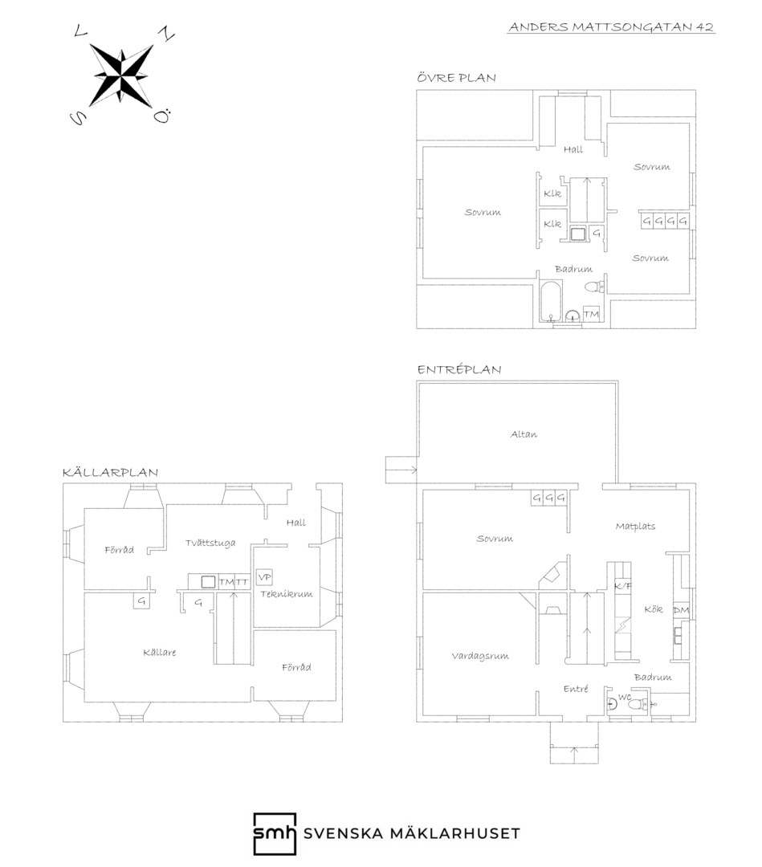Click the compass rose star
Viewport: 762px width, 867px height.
(x=121, y=74)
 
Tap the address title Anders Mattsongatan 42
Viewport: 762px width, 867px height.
(x=611, y=27)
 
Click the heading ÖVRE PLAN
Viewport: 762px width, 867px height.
(x=456, y=77)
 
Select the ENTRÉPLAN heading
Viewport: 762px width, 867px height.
(x=459, y=369)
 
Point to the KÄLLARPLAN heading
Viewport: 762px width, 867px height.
(x=110, y=472)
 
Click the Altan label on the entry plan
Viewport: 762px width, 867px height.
(x=524, y=434)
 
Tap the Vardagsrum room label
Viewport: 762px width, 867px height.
(x=480, y=657)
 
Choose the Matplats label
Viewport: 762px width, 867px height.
(x=635, y=526)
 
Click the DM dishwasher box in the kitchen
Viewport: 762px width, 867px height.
(x=681, y=610)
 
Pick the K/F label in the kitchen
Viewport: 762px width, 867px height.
(x=622, y=585)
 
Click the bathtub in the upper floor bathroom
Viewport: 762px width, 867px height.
(x=552, y=301)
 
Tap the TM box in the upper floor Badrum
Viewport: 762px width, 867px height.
(x=591, y=314)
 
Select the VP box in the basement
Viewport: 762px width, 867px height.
(x=264, y=576)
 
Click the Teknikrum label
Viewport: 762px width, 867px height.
(x=287, y=594)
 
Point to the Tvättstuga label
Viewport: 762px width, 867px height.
(x=210, y=543)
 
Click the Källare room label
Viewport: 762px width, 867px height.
(x=159, y=653)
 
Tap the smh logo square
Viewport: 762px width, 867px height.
(x=275, y=834)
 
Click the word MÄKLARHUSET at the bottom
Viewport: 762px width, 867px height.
(x=455, y=833)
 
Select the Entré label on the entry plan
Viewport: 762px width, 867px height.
(x=576, y=689)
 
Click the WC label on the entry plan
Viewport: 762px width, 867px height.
(x=625, y=698)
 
